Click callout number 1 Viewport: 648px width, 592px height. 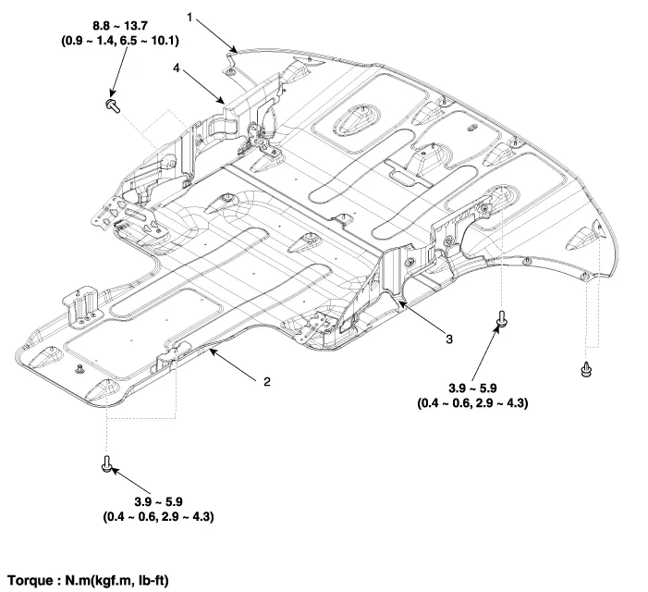[x=190, y=17]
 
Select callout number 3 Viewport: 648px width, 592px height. [x=448, y=339]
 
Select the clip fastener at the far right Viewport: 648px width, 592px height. [x=586, y=368]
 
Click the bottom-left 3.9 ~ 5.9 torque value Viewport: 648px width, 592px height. [x=160, y=501]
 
